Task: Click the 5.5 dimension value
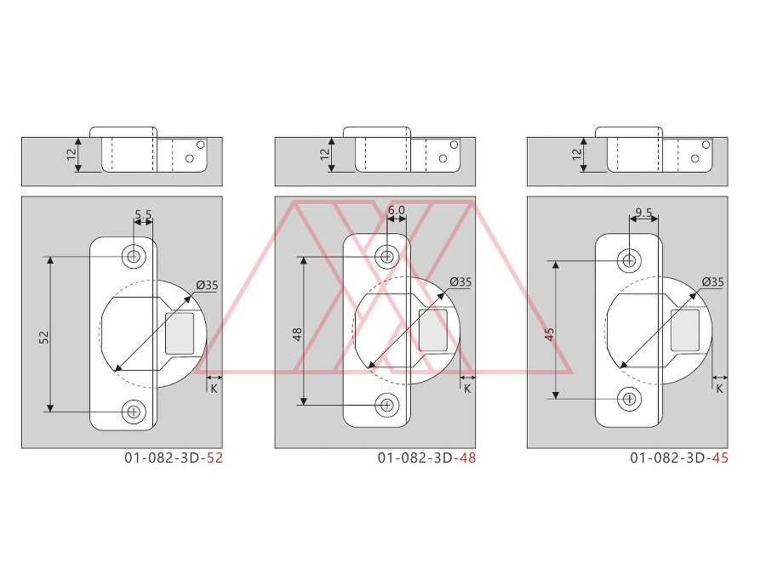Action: pyautogui.click(x=143, y=214)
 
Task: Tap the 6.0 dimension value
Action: pyautogui.click(x=396, y=210)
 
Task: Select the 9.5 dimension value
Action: pyautogui.click(x=644, y=213)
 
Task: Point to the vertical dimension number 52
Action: pyautogui.click(x=44, y=337)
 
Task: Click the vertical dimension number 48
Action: pyautogui.click(x=297, y=334)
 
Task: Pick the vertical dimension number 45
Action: pyautogui.click(x=549, y=334)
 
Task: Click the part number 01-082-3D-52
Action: pyautogui.click(x=174, y=457)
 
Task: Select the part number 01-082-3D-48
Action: pyautogui.click(x=427, y=457)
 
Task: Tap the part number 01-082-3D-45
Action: pyautogui.click(x=679, y=457)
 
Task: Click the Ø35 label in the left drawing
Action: pyautogui.click(x=207, y=285)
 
